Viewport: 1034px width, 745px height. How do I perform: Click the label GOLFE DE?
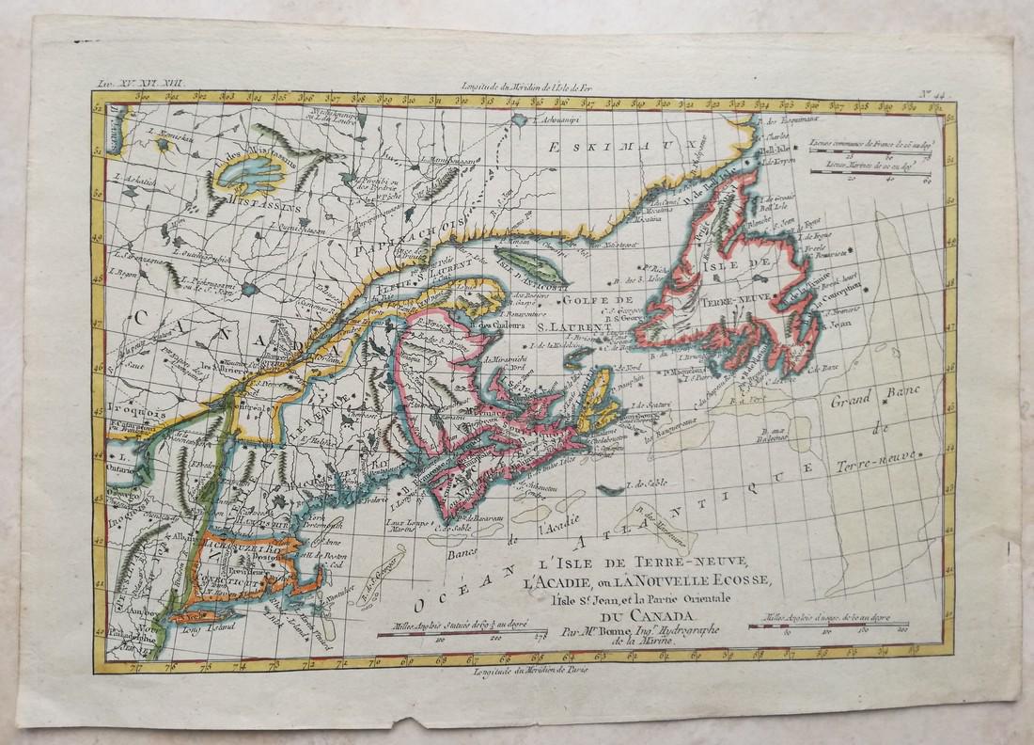pos(568,301)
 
